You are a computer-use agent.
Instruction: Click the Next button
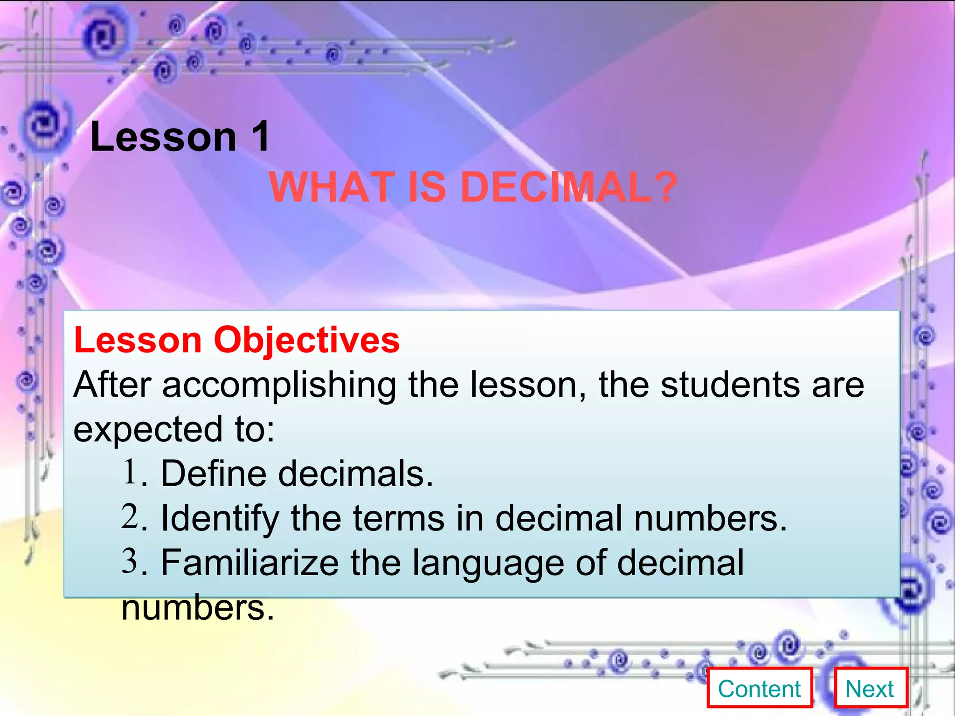point(870,689)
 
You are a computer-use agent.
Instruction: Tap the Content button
point(760,689)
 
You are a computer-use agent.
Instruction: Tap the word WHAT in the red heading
point(332,187)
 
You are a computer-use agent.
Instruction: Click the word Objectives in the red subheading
point(306,341)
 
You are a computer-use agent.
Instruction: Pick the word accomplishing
point(279,386)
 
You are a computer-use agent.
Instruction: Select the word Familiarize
point(249,563)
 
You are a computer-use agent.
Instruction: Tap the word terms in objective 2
point(398,518)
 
